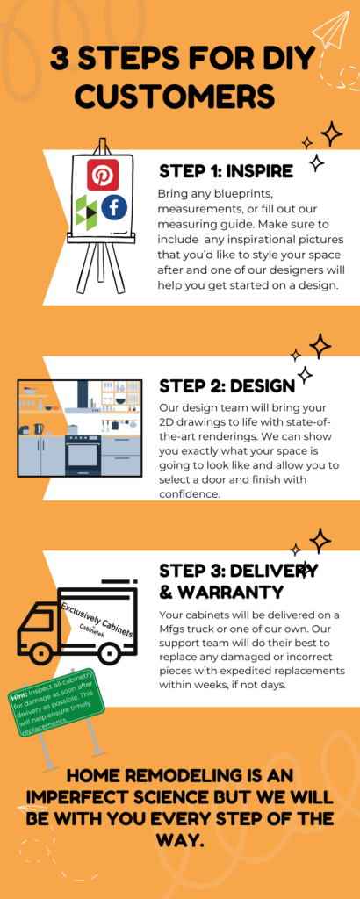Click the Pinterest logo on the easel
[103, 175]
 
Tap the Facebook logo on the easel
[114, 207]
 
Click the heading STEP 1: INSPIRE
[226, 170]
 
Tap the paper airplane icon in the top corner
[331, 30]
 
